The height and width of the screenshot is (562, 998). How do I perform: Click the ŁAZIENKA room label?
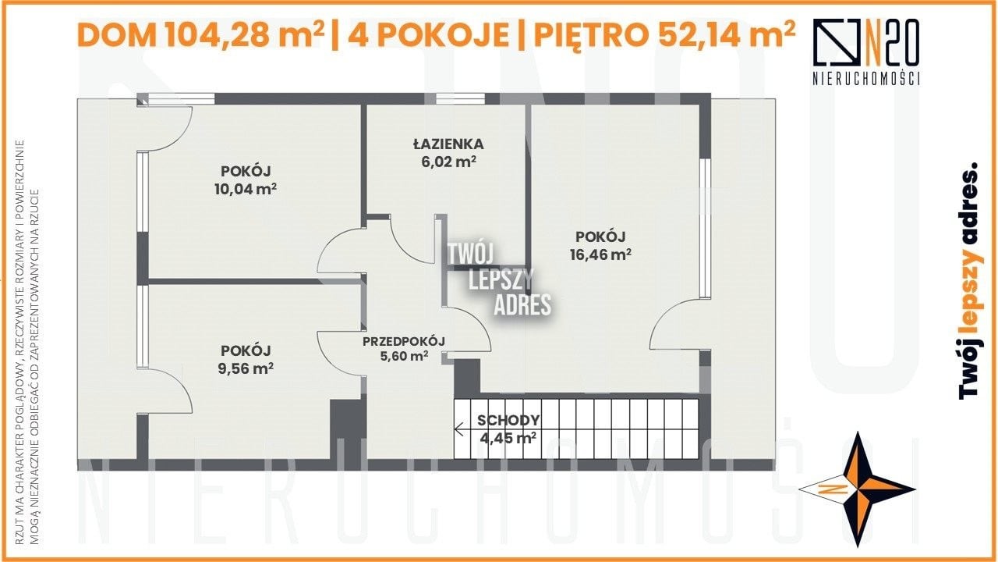448,144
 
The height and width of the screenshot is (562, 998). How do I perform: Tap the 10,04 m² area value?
246,189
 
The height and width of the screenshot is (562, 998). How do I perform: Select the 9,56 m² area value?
246,369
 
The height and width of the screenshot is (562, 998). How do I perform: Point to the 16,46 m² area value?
600,254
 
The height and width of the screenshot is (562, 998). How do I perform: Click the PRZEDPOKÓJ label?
404,342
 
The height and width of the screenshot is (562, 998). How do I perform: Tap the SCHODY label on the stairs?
508,420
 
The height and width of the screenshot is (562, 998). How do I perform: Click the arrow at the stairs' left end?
459,429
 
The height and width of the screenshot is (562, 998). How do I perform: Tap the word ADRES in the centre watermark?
522,305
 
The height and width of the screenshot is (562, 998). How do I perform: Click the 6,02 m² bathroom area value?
448,162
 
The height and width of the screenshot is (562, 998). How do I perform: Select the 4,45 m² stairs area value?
508,438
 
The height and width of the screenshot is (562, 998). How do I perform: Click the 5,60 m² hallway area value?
404,357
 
